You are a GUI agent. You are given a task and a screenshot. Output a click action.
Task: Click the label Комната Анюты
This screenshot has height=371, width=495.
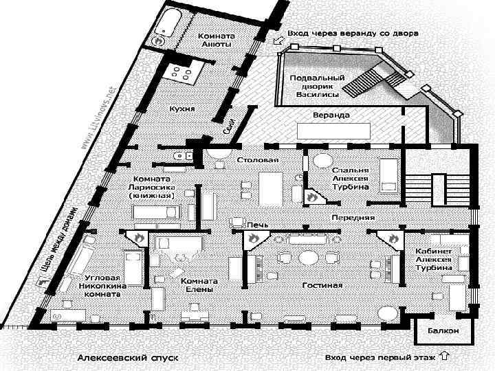215,39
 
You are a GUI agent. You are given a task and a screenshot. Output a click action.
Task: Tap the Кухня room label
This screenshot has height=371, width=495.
182,109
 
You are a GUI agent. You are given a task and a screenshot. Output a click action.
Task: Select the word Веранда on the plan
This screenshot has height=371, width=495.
331,114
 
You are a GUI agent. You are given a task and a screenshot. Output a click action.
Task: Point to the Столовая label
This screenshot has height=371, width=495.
258,160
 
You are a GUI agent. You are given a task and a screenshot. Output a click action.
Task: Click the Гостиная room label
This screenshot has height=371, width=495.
322,284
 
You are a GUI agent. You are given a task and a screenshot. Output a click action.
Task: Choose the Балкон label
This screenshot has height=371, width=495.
443,331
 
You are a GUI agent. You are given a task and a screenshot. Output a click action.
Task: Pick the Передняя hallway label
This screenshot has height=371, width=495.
353,217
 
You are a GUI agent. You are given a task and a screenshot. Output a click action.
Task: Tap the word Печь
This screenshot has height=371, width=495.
257,224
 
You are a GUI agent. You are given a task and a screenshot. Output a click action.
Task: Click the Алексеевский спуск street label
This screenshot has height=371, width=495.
128,358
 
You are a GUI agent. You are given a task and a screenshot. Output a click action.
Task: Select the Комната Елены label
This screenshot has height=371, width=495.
199,285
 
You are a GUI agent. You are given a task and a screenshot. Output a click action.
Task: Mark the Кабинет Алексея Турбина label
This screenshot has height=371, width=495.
433,260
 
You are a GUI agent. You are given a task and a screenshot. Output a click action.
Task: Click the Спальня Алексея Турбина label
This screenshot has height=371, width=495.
351,177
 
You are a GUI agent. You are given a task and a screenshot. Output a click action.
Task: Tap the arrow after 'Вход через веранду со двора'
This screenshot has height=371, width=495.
278,41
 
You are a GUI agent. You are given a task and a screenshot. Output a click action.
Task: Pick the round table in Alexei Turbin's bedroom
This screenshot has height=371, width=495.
322,160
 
